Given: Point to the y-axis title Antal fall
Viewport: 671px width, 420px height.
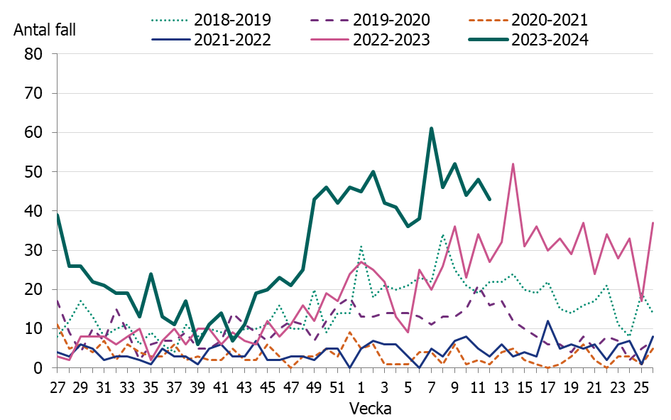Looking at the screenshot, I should click(x=44, y=30).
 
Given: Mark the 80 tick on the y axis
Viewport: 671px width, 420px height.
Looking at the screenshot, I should click(x=34, y=54).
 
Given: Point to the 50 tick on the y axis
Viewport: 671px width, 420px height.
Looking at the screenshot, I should click(x=34, y=172).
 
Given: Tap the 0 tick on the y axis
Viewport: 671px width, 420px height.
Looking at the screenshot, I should click(x=39, y=368).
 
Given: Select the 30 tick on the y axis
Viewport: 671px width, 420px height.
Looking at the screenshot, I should click(x=34, y=250).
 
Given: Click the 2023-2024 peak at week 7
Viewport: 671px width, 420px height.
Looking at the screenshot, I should click(x=431, y=129).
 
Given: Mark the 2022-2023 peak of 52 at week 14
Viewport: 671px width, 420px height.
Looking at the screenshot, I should click(x=513, y=164).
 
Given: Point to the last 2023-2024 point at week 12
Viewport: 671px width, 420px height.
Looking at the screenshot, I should click(x=489, y=199).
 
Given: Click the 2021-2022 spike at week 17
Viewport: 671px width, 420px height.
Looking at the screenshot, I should click(x=547, y=321).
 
